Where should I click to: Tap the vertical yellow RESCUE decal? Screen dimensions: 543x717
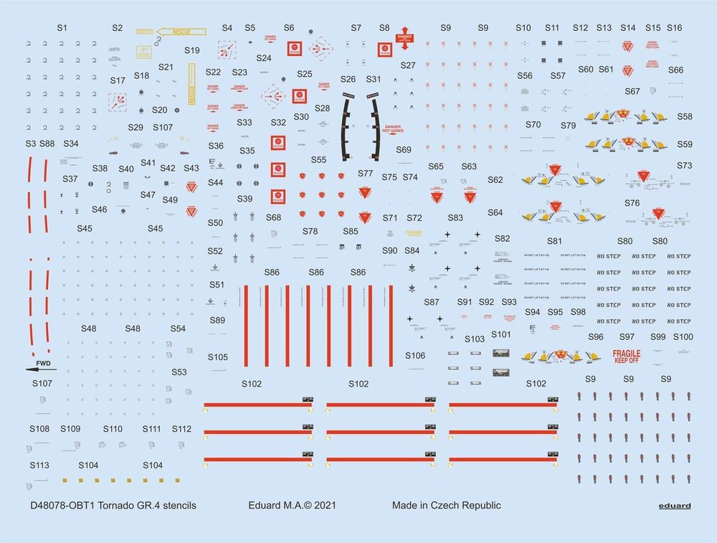coord(192,85)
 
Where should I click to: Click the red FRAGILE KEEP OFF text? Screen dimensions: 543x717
coord(627,356)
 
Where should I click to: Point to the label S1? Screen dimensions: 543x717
coord(62,27)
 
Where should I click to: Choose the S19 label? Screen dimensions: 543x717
coord(191,51)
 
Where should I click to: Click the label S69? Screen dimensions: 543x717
coord(403,150)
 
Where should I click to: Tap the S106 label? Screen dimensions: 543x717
coord(415,356)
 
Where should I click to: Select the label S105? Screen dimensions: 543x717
coord(218,357)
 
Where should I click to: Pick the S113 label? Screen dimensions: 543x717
coord(39,465)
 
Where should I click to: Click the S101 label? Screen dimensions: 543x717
coord(501,334)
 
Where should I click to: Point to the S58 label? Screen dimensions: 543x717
coord(685,117)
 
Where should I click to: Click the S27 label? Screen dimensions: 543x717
coord(408,65)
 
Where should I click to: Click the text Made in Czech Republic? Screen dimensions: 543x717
coord(446,506)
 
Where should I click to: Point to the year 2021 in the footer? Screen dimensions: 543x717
coord(324,506)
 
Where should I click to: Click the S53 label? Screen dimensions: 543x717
coord(179,372)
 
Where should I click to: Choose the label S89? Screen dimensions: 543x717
coord(217,320)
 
